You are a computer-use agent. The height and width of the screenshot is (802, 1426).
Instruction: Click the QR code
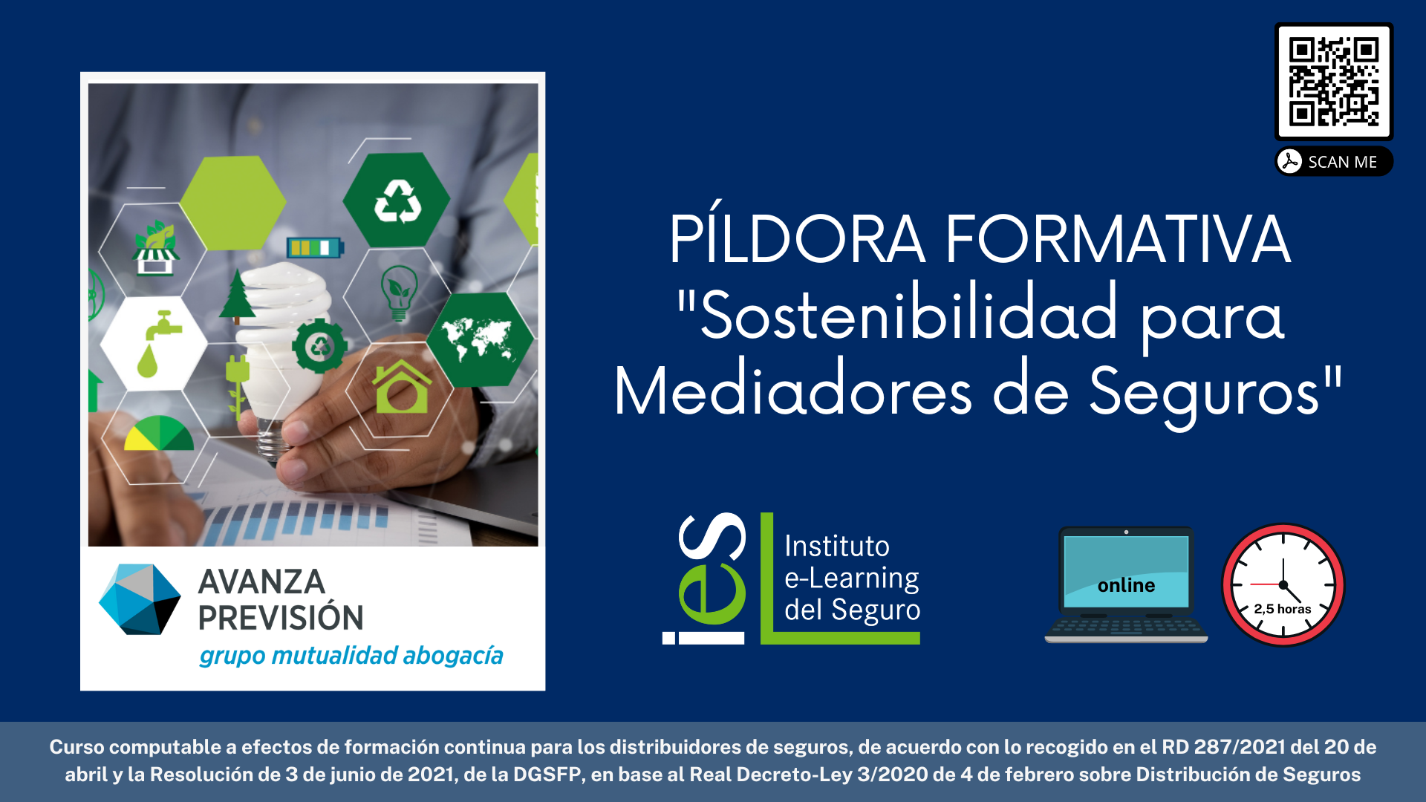1334,82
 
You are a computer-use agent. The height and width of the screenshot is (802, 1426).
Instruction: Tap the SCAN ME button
1334,162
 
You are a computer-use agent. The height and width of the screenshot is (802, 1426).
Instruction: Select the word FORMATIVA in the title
1119,239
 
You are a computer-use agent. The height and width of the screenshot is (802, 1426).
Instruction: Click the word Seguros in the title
1206,394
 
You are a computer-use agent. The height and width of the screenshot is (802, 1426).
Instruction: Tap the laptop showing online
1126,584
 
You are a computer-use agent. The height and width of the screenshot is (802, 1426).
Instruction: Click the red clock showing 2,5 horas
1283,585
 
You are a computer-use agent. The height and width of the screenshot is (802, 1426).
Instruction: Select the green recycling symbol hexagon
397,200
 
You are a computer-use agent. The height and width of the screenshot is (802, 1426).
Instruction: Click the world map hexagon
479,339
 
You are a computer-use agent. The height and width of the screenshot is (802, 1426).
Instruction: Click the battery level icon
315,247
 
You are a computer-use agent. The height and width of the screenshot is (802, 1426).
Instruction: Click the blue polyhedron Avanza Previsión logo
140,599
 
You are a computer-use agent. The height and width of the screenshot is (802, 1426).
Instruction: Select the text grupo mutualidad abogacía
351,656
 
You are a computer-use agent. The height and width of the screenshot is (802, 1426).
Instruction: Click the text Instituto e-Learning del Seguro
852,578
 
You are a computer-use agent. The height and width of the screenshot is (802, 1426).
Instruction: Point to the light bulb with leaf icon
399,293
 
